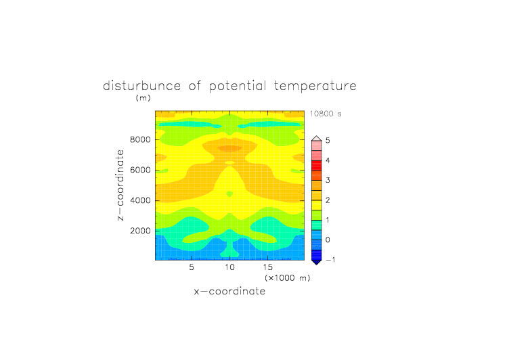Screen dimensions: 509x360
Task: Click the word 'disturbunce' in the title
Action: pyautogui.click(x=141, y=86)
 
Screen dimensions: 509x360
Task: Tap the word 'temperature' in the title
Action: pyautogui.click(x=315, y=87)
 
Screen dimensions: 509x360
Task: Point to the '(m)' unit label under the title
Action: pyautogui.click(x=143, y=97)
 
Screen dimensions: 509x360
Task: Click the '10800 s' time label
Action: pyautogui.click(x=326, y=114)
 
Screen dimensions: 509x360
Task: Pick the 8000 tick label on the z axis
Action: pyautogui.click(x=140, y=139)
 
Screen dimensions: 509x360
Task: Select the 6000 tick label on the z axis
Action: pyautogui.click(x=140, y=170)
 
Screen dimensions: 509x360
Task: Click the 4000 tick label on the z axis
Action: pyautogui.click(x=140, y=200)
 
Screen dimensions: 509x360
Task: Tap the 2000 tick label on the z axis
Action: pyautogui.click(x=140, y=231)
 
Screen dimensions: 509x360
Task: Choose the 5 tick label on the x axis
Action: pyautogui.click(x=192, y=267)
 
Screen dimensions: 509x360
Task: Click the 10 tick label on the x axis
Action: pyautogui.click(x=230, y=267)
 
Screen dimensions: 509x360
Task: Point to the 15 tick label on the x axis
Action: pyautogui.click(x=268, y=267)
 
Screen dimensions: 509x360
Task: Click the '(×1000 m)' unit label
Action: pyautogui.click(x=288, y=278)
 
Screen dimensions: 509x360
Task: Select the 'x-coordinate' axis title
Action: pyautogui.click(x=230, y=291)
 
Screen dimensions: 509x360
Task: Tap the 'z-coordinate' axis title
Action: pyautogui.click(x=120, y=185)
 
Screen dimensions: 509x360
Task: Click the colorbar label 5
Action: pyautogui.click(x=328, y=140)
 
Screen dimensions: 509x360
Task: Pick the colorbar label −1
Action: pyautogui.click(x=330, y=260)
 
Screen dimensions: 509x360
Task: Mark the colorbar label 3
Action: pyautogui.click(x=328, y=180)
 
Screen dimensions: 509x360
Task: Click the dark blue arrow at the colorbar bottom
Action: pyautogui.click(x=317, y=262)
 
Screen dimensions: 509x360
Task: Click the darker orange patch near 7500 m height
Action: pyautogui.click(x=230, y=148)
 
